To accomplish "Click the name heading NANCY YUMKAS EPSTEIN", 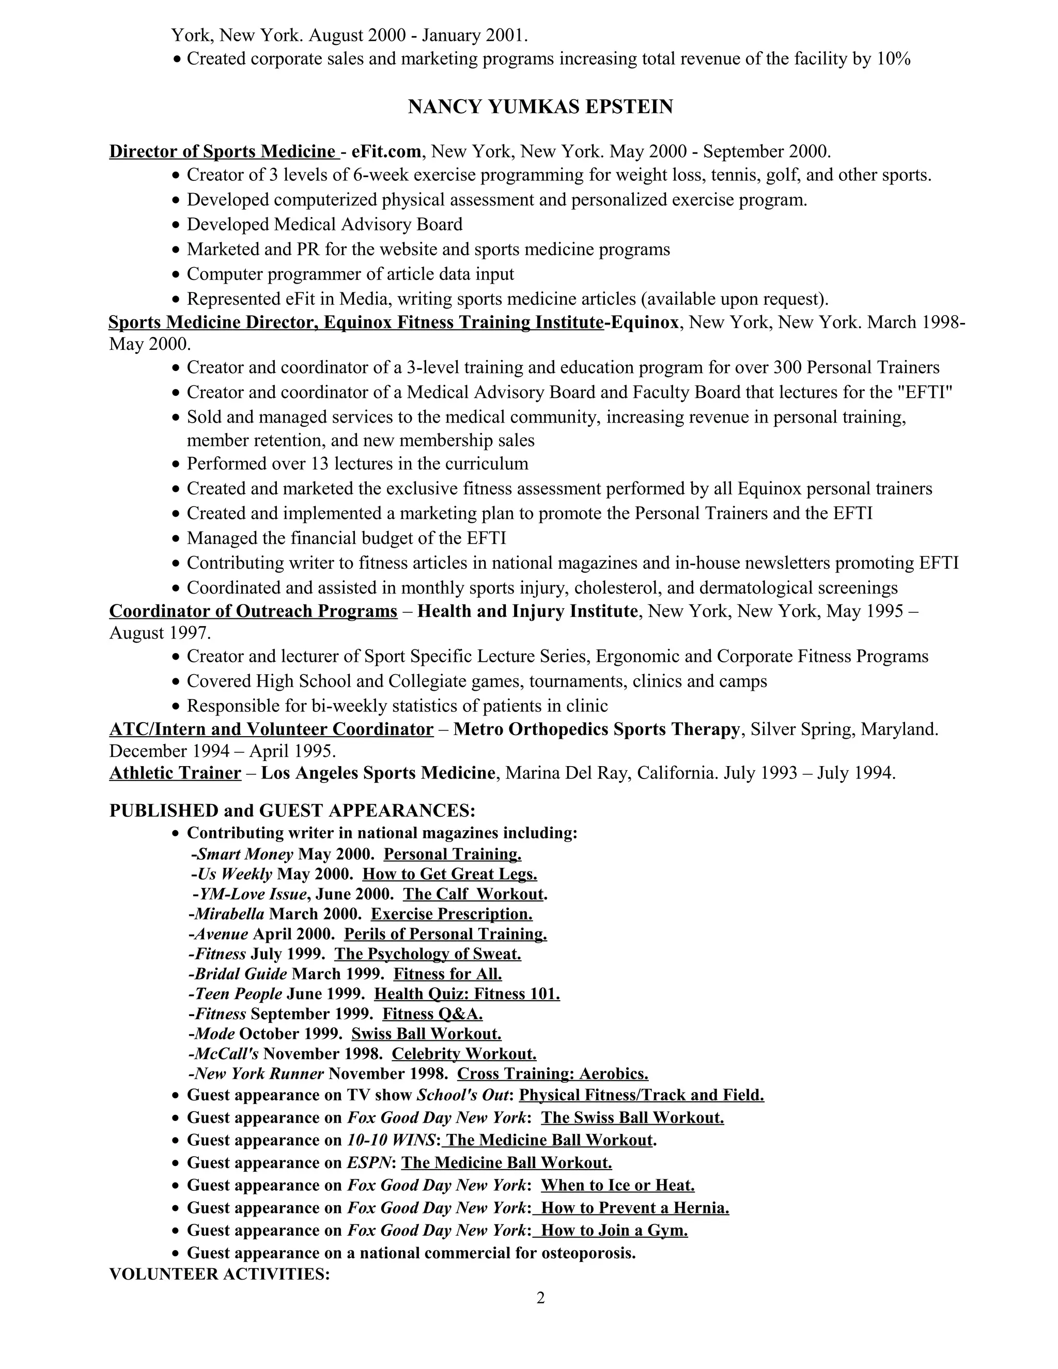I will coord(540,107).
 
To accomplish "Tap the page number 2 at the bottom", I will coord(540,1298).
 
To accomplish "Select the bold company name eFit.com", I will coord(385,152).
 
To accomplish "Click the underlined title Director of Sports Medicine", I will coord(223,152).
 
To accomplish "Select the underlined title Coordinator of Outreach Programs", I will coord(253,611).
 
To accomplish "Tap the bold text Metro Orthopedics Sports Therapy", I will coord(597,729).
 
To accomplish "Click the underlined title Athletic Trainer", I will coord(176,773).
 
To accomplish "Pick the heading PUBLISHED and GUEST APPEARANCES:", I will coord(292,811).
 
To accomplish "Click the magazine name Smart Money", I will coord(245,854).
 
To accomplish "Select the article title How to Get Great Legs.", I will coord(449,874).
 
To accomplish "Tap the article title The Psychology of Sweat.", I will coord(427,954).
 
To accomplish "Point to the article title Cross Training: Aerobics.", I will coord(552,1074).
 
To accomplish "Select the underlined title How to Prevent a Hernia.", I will coord(634,1208).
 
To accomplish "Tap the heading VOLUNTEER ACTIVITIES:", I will coord(220,1274).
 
